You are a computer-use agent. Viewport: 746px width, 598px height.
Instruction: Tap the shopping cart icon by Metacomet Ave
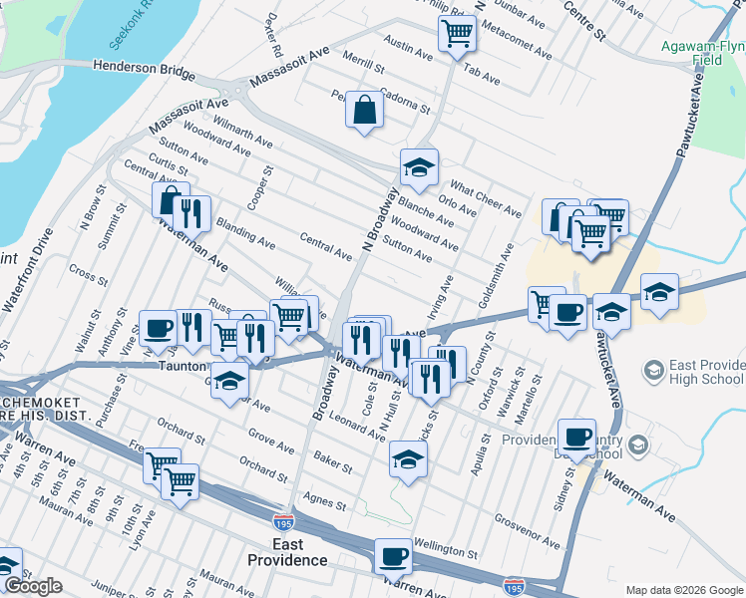click(457, 33)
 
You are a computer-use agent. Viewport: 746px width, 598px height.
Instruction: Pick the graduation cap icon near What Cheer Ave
click(420, 166)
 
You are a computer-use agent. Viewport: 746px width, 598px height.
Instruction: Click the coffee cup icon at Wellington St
click(394, 555)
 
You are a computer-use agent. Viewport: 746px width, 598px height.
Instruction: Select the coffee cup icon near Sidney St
click(577, 437)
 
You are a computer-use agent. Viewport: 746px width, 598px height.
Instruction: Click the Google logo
click(33, 586)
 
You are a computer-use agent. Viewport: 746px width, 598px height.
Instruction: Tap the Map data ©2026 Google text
click(683, 590)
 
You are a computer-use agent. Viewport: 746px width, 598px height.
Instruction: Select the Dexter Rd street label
click(274, 35)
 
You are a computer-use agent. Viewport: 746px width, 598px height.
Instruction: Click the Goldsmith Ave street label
click(500, 268)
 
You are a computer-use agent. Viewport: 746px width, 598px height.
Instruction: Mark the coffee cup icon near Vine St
click(160, 327)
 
